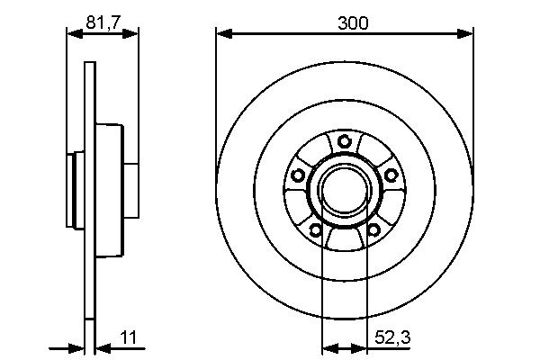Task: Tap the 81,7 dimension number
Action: pos(103,24)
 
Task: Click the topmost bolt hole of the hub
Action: pos(345,141)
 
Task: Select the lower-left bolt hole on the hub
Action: pos(316,230)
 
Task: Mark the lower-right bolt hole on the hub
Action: pos(373,230)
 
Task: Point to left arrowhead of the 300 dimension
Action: pos(222,34)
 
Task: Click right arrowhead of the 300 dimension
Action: pos(467,34)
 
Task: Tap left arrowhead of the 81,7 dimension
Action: pos(73,34)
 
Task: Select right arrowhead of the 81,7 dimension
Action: pos(133,34)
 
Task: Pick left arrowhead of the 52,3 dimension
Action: pos(328,346)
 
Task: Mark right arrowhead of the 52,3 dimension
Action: pos(363,346)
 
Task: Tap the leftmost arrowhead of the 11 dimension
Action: pos(77,346)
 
